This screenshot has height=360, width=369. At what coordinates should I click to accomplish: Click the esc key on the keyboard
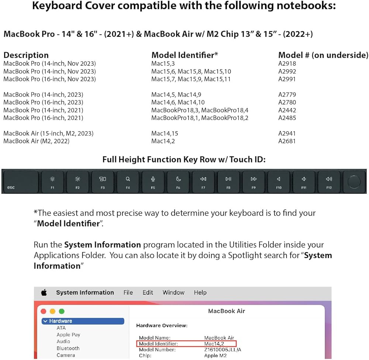coord(20,182)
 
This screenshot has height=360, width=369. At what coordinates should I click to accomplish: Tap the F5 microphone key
coord(153,182)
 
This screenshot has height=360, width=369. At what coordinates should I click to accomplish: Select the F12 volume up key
coord(329,182)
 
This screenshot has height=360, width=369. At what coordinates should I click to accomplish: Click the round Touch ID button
coord(354,182)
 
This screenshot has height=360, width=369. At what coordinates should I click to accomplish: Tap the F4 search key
coord(128,182)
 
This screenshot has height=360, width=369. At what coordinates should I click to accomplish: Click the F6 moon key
coord(178,182)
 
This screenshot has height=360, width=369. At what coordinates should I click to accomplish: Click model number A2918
coord(287,64)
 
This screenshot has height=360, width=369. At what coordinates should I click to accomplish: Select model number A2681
coord(287,141)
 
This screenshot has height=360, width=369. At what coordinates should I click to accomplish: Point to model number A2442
coord(287,110)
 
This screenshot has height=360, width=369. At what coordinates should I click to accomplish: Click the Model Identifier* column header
coord(184,55)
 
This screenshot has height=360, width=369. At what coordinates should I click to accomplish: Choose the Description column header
coord(26,55)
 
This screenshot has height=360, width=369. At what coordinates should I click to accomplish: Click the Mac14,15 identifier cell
coord(165,133)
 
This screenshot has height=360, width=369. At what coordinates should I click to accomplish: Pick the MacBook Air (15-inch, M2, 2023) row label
coord(48,133)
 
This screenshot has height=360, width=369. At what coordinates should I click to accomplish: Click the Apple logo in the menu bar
coord(44,293)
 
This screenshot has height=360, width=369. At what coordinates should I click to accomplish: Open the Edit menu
coord(148,292)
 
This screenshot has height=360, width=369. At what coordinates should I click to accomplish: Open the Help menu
coord(200,292)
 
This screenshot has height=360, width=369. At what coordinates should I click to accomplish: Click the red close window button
coord(44,311)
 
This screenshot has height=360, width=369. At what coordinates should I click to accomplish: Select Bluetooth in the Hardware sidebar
coord(68,348)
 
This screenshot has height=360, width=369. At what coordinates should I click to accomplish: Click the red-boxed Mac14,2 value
coord(214,344)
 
